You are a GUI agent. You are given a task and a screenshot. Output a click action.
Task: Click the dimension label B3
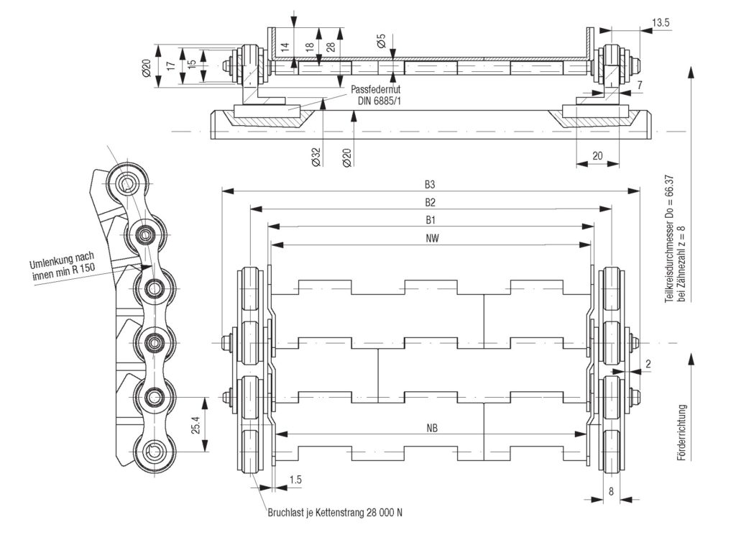click(x=430, y=184)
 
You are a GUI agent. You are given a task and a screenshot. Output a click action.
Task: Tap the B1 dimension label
click(x=430, y=219)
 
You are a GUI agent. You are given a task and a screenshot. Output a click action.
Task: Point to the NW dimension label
click(x=430, y=237)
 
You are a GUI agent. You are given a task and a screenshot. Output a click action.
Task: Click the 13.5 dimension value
click(x=661, y=23)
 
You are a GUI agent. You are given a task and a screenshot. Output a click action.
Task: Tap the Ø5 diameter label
click(x=381, y=42)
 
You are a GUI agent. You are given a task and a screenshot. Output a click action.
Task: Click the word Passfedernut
click(x=374, y=89)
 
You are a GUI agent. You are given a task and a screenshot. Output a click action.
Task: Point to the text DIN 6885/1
click(x=379, y=101)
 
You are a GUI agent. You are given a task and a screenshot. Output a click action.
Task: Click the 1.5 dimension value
click(x=295, y=480)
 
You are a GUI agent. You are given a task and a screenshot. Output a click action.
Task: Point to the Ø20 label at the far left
click(x=147, y=69)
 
